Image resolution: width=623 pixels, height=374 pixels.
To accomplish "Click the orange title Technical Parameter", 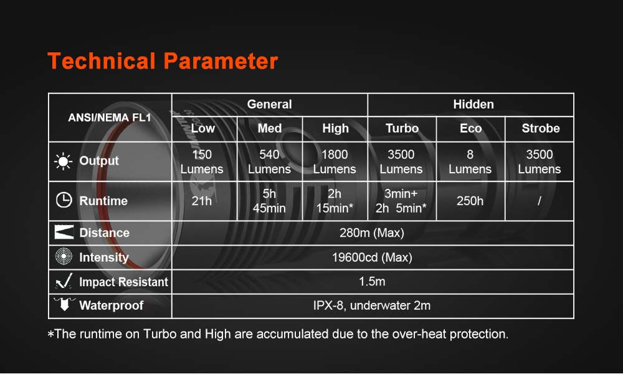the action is point(163,61).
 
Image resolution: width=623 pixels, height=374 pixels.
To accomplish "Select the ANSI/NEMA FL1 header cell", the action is point(110,118).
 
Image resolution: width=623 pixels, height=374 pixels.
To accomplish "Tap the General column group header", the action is point(269,105).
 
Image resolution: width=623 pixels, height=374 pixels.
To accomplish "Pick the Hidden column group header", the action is point(473,105).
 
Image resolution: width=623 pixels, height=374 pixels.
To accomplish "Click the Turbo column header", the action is point(402,128).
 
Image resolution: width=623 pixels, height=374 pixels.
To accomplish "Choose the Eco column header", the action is point(470,128).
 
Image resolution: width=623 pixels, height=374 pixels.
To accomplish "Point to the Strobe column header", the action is point(540,128).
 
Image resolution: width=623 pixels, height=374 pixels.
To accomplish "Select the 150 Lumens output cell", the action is point(202,162).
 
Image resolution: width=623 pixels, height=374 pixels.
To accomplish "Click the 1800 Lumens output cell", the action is point(335,162).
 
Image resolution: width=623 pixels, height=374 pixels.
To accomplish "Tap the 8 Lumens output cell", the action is point(470,162).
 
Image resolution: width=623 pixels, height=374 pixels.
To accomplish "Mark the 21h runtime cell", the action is point(201,201).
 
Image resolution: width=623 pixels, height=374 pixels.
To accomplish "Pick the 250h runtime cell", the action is point(470,201).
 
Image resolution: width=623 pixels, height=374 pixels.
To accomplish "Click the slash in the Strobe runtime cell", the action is point(539,201).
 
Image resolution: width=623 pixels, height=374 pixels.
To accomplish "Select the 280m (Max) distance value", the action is point(372,233).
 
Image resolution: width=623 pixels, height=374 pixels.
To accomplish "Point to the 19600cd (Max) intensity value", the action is point(372,257).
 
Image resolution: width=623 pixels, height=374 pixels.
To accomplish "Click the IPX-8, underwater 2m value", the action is point(372,305).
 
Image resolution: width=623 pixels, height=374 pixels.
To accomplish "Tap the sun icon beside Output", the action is point(63,161).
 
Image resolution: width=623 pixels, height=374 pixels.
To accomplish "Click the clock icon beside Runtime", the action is point(64,200).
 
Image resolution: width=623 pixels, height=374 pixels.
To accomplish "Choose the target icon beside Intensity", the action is point(64,256).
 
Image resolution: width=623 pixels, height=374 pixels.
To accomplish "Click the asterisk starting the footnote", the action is point(50,334).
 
